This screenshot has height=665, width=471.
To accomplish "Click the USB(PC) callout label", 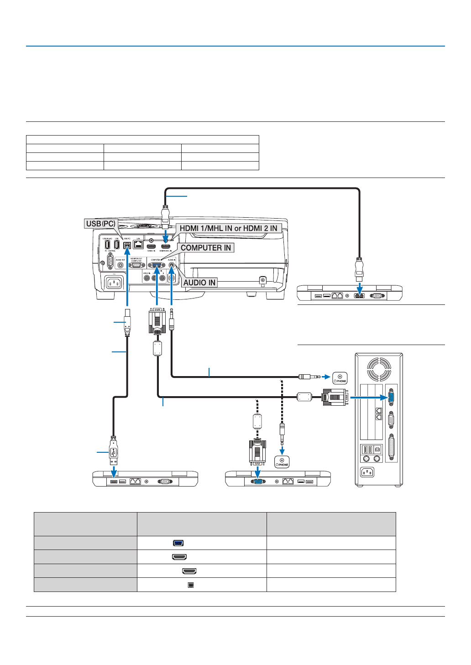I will (101, 224).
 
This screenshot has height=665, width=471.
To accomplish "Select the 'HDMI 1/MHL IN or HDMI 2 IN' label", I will (228, 228).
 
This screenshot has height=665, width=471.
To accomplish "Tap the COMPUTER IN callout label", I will (206, 248).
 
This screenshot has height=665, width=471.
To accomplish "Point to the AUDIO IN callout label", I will (199, 283).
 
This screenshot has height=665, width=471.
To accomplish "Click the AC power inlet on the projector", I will (114, 283).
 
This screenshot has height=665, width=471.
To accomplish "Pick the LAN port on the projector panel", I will (138, 244).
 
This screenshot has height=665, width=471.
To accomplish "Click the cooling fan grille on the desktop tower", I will (379, 369).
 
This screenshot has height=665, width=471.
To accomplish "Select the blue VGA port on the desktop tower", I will (391, 397).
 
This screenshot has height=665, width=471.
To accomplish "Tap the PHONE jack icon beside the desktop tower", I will (340, 378).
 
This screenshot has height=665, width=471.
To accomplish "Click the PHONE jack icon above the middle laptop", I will (282, 462).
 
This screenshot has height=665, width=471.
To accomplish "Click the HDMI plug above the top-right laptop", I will (360, 270).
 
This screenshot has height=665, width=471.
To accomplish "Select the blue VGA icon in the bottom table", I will (178, 543).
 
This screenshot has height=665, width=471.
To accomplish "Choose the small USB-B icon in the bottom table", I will (191, 585).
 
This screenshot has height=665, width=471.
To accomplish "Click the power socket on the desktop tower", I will (367, 472).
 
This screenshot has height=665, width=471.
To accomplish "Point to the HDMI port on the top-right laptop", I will (360, 296).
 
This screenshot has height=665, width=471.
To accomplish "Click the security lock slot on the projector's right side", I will (262, 280).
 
